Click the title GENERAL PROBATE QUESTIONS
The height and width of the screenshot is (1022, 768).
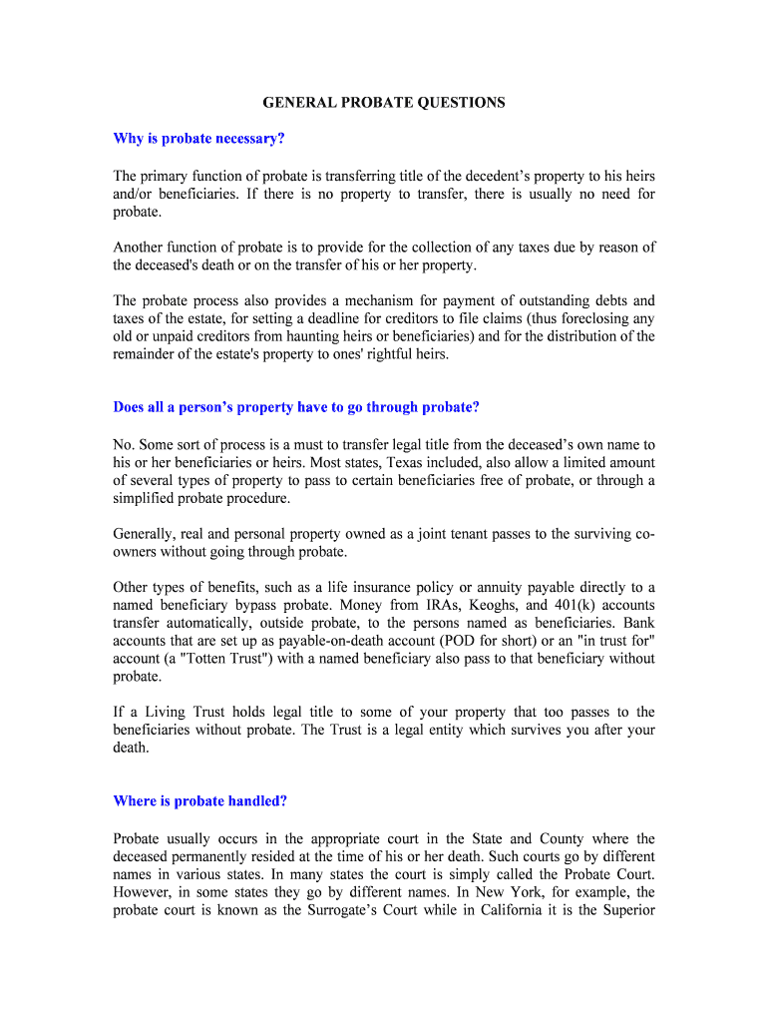(384, 102)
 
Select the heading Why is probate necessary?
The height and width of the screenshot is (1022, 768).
(205, 139)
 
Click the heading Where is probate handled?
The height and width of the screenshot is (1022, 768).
(200, 800)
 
